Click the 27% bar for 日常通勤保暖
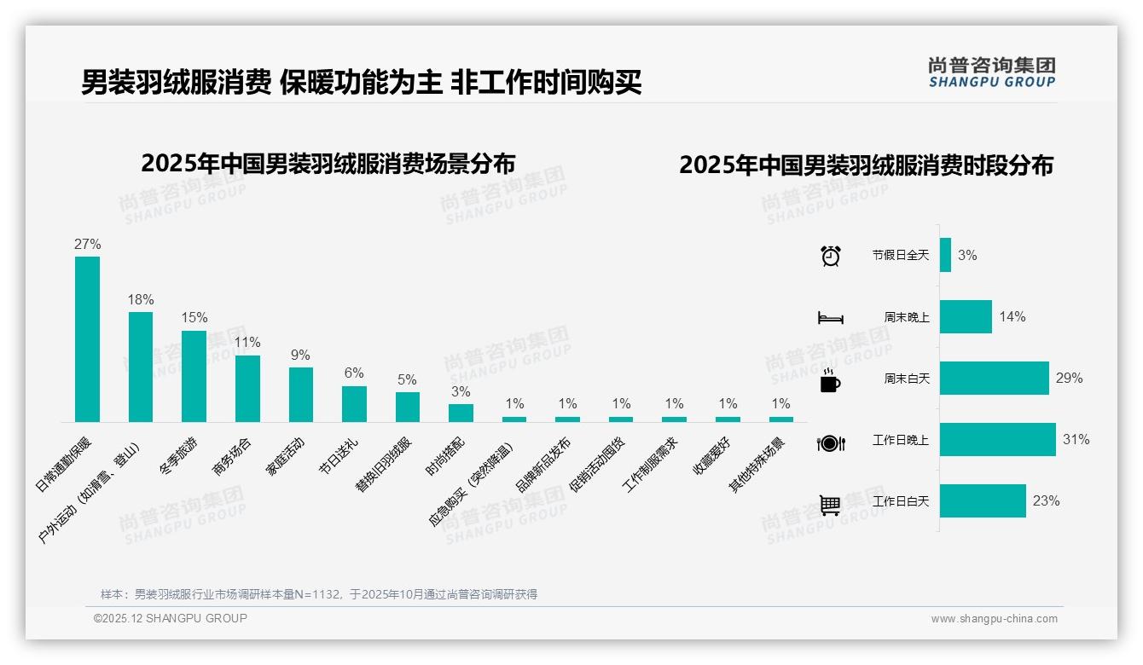click(x=87, y=338)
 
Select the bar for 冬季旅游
click(x=194, y=376)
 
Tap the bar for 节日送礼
click(x=354, y=404)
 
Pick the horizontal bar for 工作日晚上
click(x=997, y=440)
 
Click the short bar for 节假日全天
click(x=945, y=255)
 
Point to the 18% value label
click(x=141, y=300)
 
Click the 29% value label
click(x=1069, y=378)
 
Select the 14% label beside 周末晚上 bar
click(x=1012, y=316)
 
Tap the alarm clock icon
click(x=830, y=256)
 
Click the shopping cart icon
click(x=830, y=505)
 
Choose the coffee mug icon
click(x=830, y=381)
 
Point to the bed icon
click(x=830, y=318)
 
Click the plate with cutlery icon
click(x=830, y=442)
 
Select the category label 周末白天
click(x=906, y=379)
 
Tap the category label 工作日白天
click(x=900, y=501)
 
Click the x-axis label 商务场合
click(x=232, y=456)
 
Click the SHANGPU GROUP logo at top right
click(x=991, y=72)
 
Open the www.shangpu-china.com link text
click(x=994, y=619)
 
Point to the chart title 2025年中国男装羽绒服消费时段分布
click(x=866, y=165)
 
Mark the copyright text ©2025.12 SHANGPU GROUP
click(x=171, y=618)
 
